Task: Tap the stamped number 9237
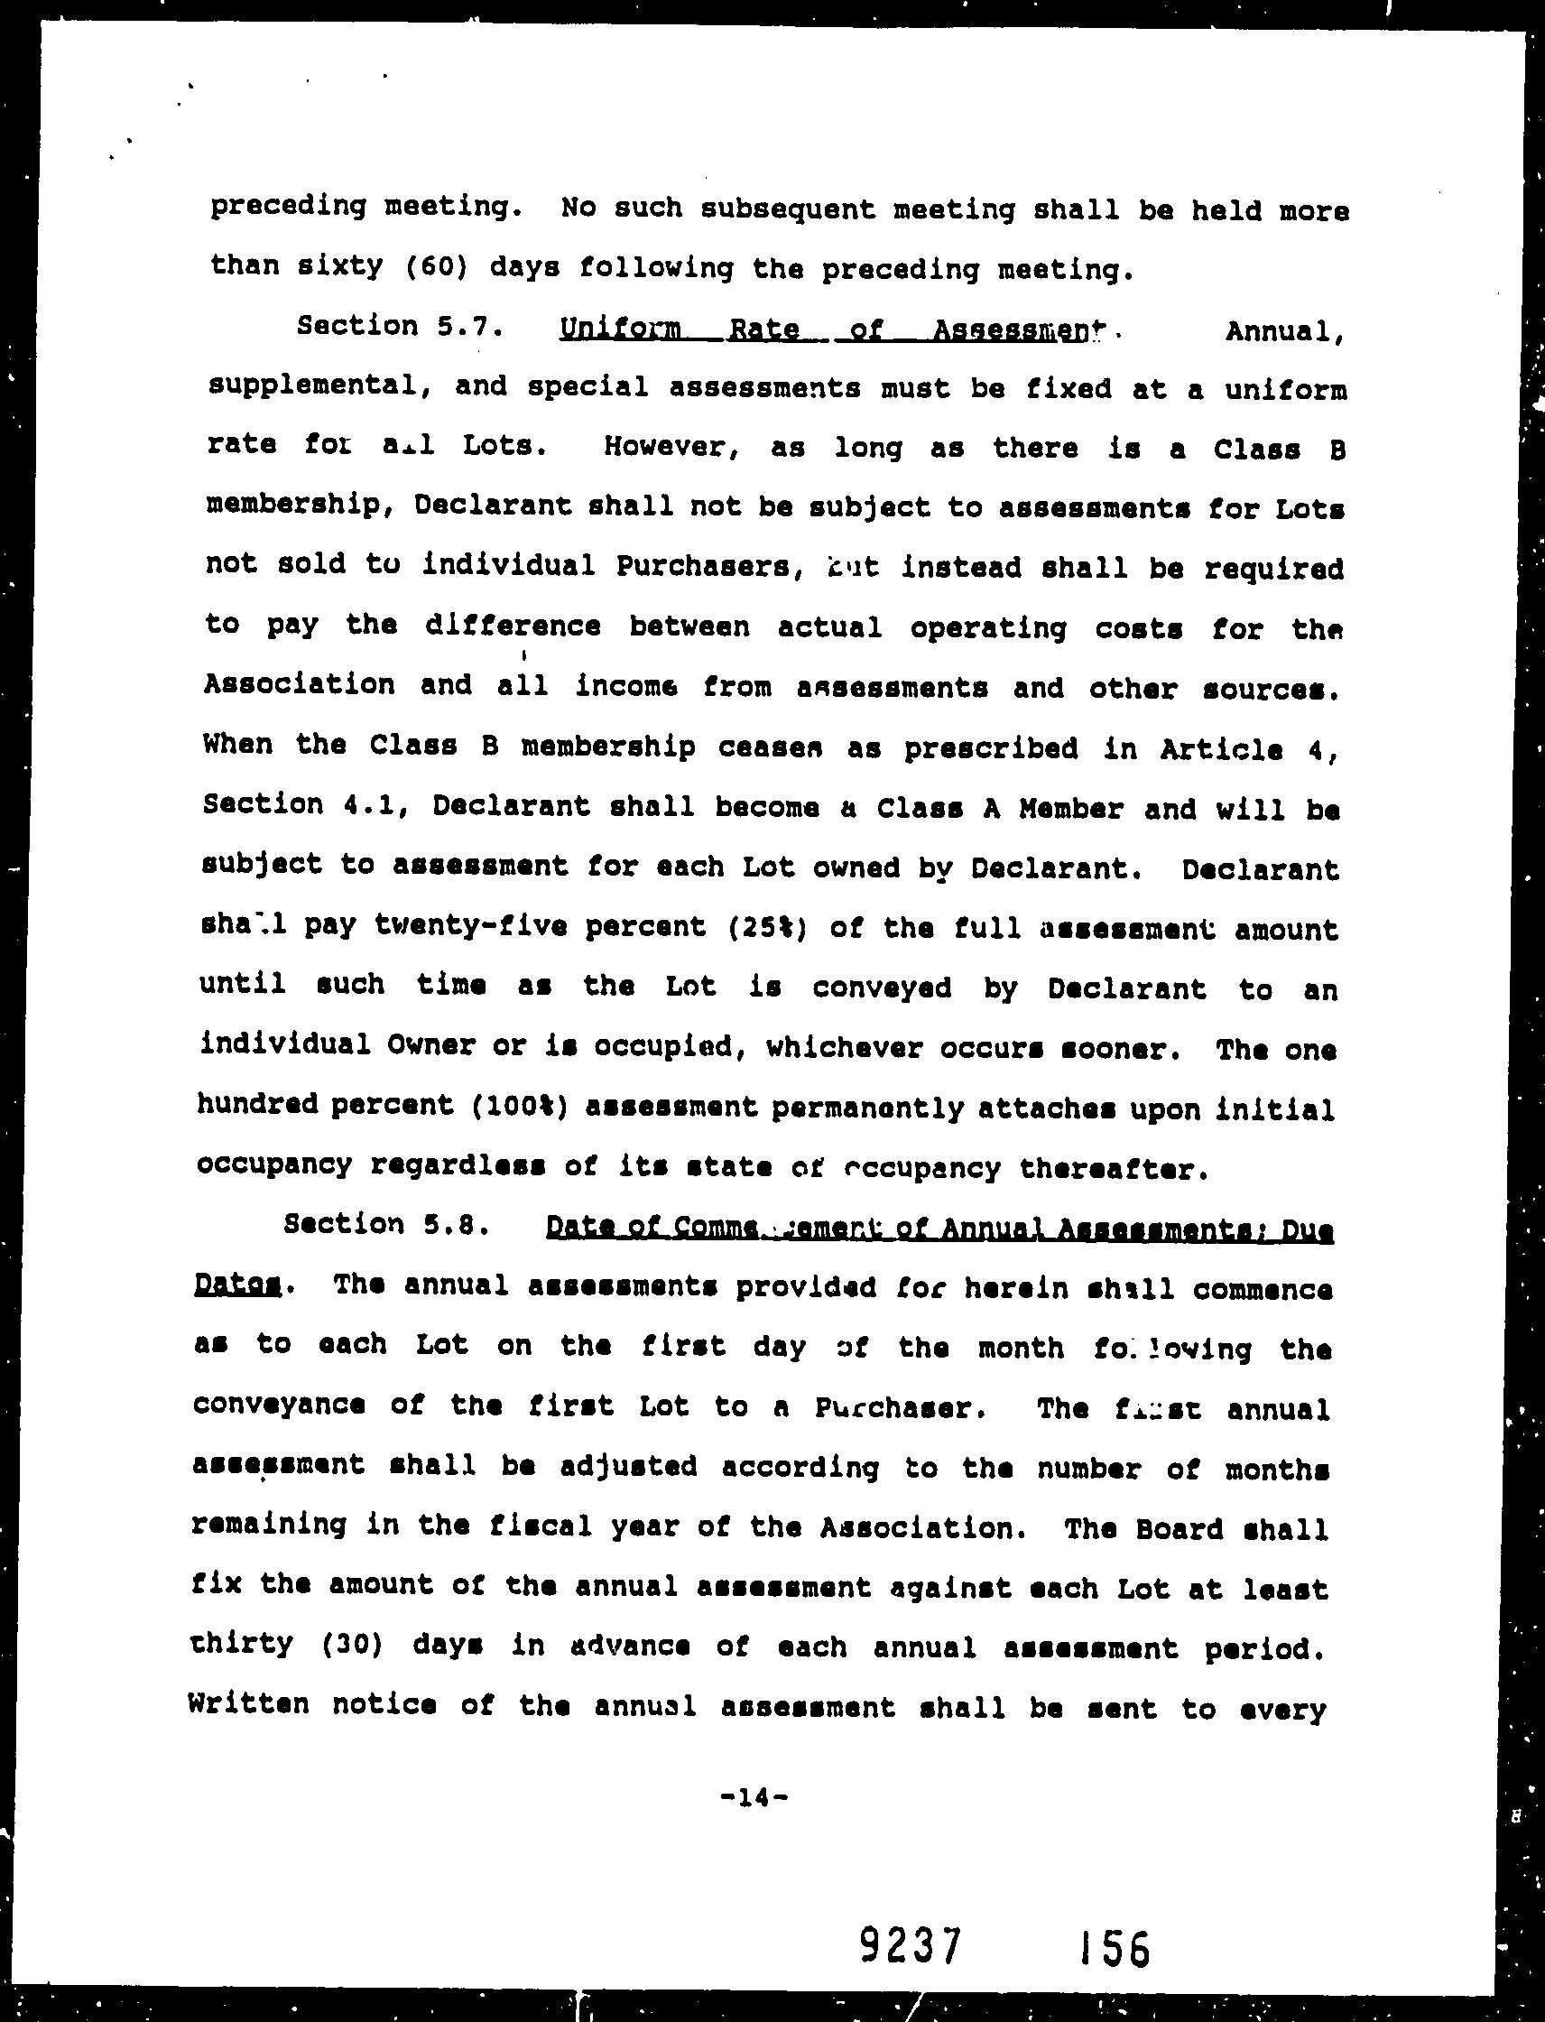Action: tap(911, 1944)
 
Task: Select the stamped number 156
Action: tap(1115, 1946)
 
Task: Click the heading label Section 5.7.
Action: tap(399, 327)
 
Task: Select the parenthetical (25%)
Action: tap(767, 927)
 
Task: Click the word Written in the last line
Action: tap(247, 1704)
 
